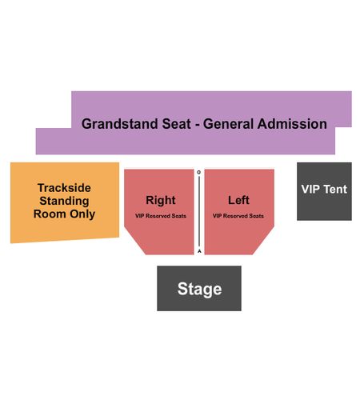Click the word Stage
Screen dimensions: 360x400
199,290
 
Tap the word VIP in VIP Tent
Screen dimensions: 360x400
310,189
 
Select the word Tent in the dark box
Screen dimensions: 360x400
335,189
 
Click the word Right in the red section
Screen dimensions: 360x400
161,201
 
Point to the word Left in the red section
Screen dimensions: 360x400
238,200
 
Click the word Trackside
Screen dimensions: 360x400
64,188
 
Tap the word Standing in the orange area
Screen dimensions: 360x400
64,201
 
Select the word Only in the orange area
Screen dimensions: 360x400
82,214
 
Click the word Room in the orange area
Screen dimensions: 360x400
50,214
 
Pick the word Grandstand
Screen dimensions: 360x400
119,124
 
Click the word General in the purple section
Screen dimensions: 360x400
229,124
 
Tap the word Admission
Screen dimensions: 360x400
292,124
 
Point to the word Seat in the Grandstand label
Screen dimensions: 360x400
177,124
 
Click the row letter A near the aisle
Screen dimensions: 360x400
199,251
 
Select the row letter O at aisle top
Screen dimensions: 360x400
199,172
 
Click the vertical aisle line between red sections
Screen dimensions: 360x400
199,212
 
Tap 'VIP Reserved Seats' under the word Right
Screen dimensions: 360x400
161,216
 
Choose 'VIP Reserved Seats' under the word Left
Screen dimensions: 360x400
238,216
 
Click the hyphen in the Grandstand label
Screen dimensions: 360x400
198,126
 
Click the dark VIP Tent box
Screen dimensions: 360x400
324,191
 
